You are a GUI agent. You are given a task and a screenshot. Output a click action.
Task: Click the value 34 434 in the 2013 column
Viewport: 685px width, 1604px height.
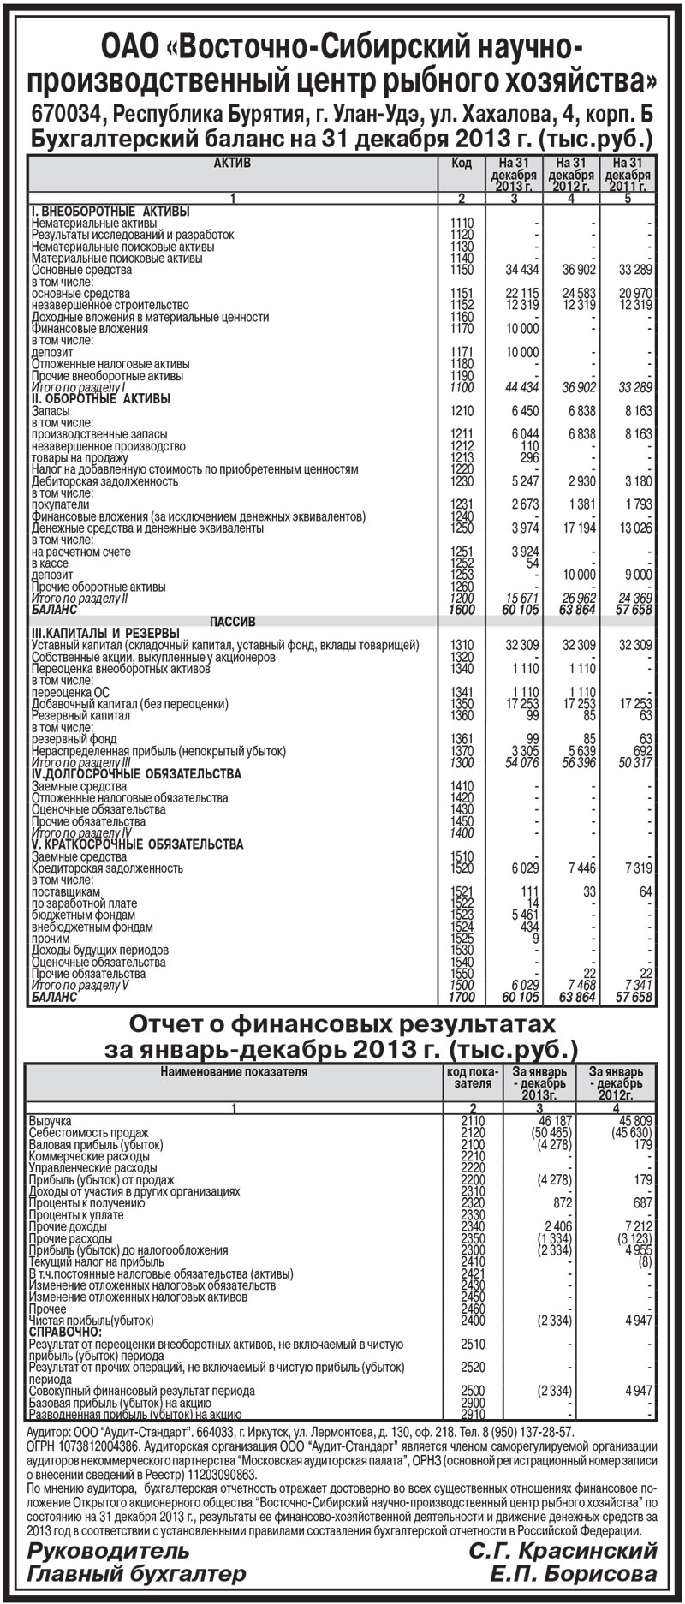coord(522,270)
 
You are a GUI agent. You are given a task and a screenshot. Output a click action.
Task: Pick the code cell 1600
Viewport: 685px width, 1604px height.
coord(462,610)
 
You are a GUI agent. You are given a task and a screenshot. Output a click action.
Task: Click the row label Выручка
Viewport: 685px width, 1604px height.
coord(51,1120)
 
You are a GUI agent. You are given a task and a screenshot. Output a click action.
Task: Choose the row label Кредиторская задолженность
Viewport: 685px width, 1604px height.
coord(107,868)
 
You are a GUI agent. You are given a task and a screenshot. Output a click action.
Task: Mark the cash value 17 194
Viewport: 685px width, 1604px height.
coord(578,528)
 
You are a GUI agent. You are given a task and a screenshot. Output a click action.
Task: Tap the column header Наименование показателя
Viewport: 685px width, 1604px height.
coord(233,1070)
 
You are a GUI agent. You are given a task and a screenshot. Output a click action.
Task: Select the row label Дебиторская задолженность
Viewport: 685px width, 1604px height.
coord(104,481)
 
